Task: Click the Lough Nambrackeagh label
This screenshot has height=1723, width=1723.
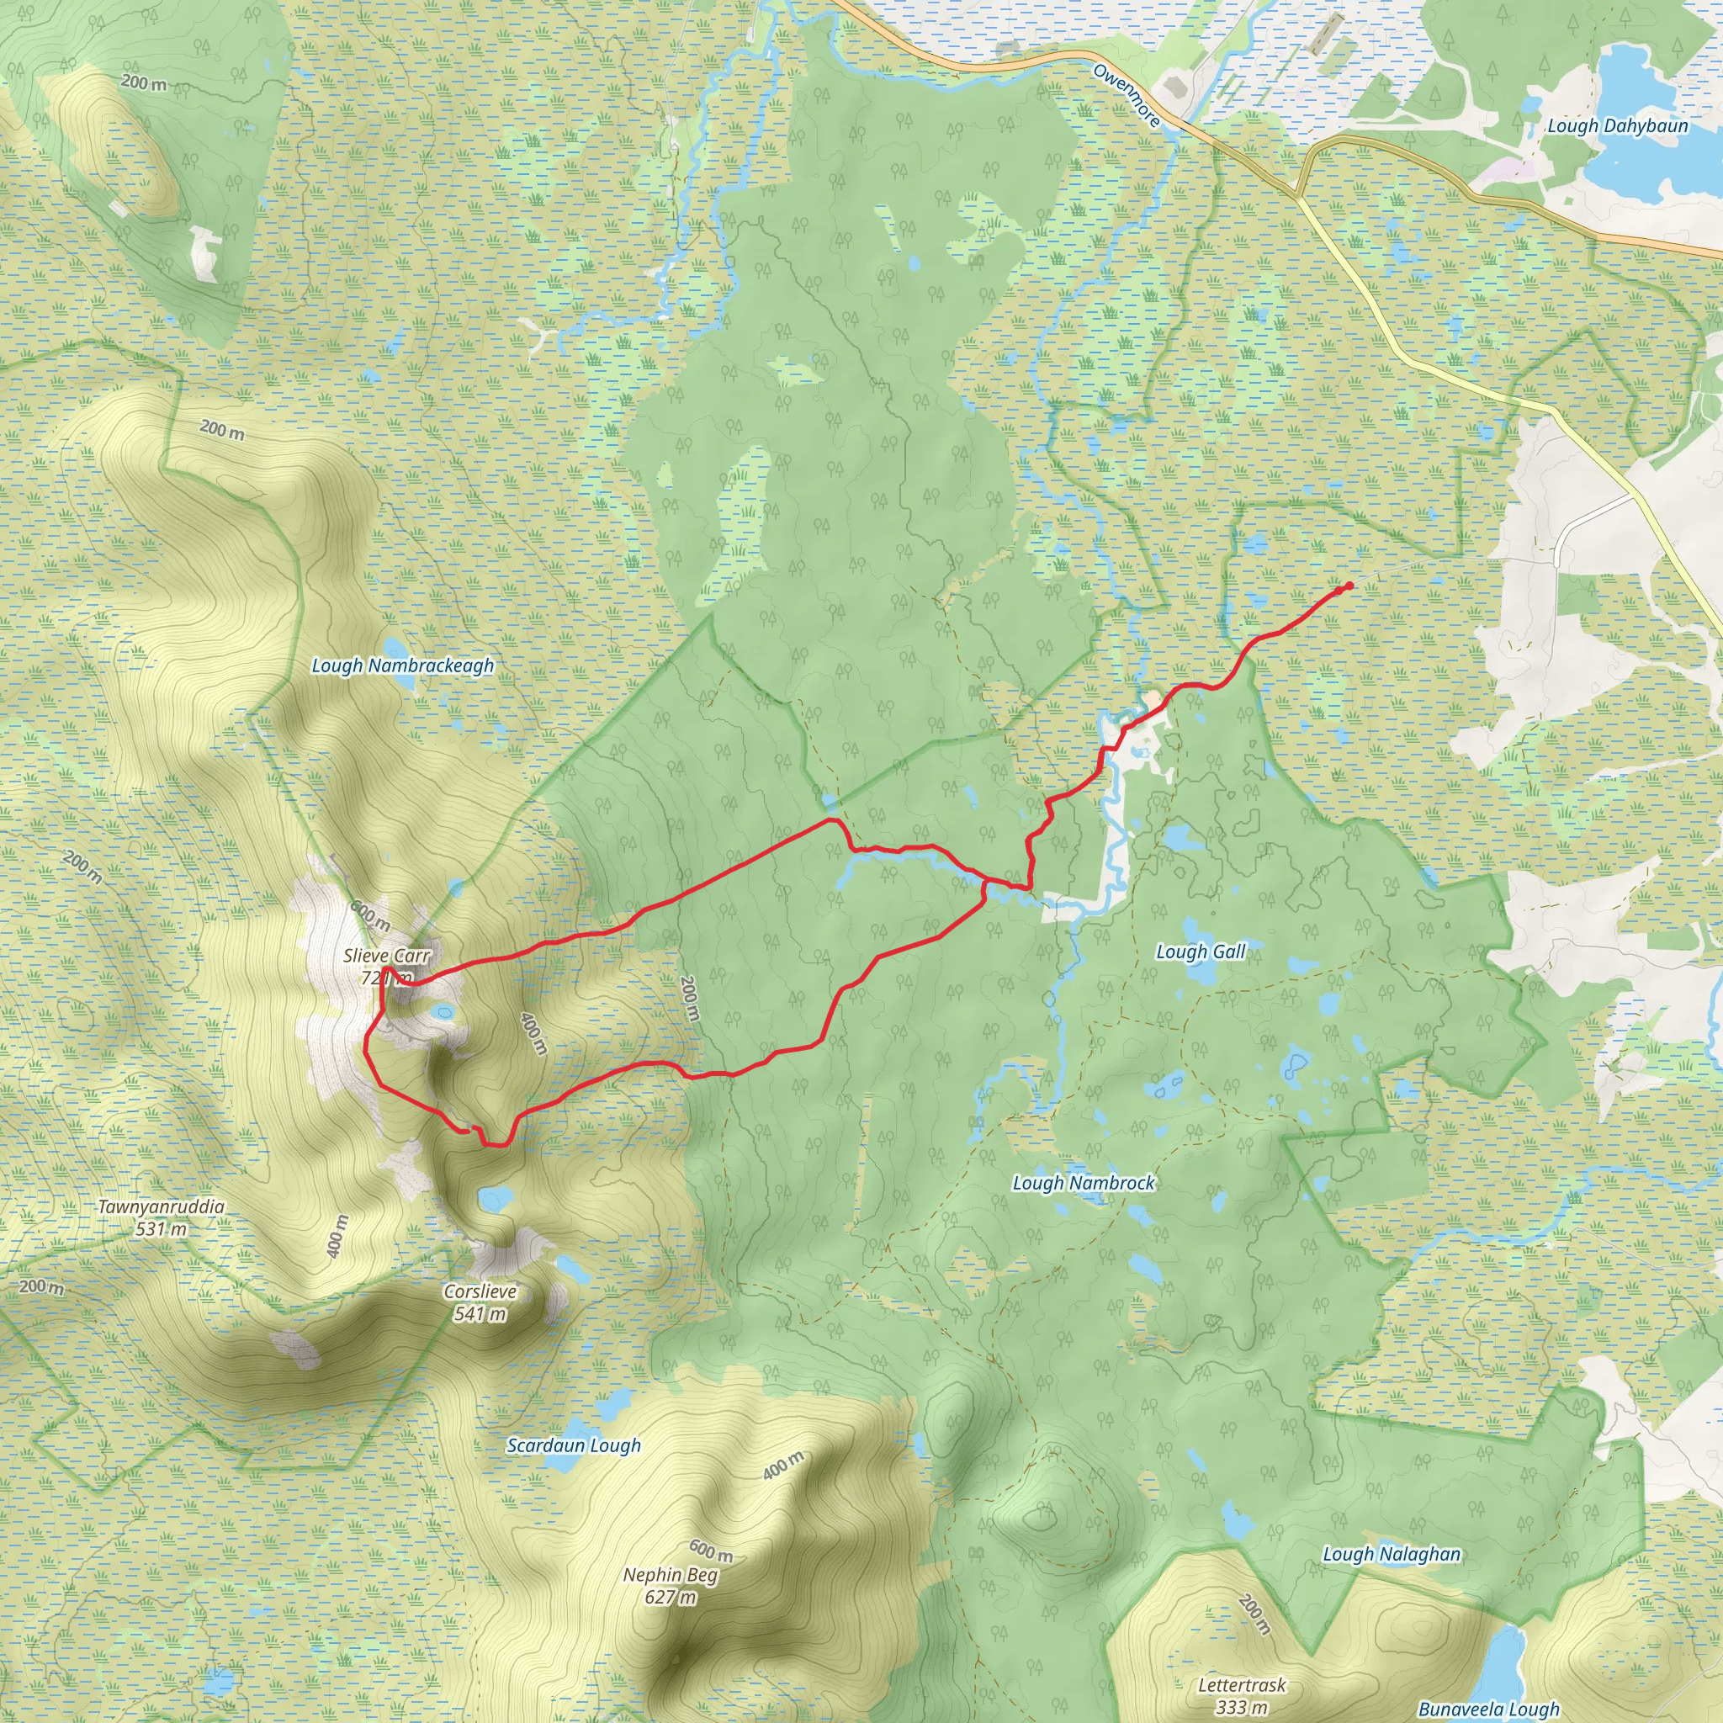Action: pos(402,665)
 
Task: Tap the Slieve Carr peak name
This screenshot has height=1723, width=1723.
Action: pos(386,956)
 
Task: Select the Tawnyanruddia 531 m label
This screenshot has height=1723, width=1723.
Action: pos(162,1217)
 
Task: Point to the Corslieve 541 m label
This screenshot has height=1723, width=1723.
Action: pos(480,1302)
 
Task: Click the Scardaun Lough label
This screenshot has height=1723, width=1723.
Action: pos(574,1445)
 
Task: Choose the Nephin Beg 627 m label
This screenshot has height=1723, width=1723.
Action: pos(670,1586)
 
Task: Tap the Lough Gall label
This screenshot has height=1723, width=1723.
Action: pos(1201,952)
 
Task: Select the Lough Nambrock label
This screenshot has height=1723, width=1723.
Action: pos(1083,1183)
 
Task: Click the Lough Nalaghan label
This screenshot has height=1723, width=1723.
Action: pos(1392,1555)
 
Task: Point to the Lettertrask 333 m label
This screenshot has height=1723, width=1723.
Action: pos(1242,1695)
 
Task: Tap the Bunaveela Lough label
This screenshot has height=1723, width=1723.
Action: pos(1488,1709)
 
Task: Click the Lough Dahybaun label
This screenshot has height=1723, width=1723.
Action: pos(1617,125)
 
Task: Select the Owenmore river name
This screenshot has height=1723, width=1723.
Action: pos(1127,95)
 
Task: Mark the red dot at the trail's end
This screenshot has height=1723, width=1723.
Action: pos(1349,585)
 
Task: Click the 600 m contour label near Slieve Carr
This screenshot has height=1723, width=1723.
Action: pos(369,915)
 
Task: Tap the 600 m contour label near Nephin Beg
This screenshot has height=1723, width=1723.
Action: pos(711,1551)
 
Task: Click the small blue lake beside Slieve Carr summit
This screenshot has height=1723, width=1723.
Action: pos(441,1011)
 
